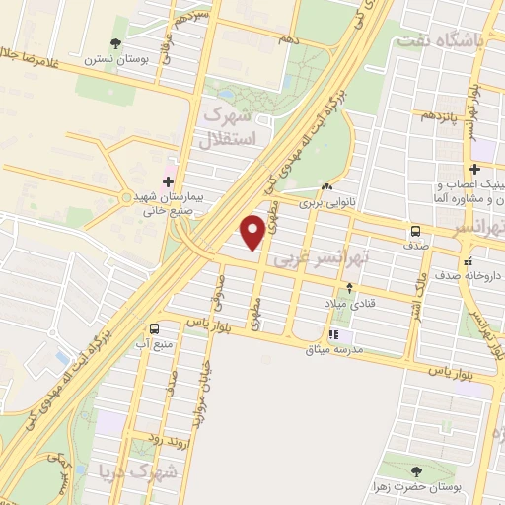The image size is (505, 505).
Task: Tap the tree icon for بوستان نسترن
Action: pyautogui.click(x=116, y=42)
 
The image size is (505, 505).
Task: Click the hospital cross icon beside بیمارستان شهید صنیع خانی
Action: pyautogui.click(x=168, y=181)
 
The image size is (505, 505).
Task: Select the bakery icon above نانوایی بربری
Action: pyautogui.click(x=326, y=185)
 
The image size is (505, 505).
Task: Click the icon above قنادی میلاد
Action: pyautogui.click(x=348, y=288)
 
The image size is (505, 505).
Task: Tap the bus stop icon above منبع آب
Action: pyautogui.click(x=153, y=328)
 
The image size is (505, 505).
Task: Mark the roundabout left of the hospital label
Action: pyautogui.click(x=126, y=198)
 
